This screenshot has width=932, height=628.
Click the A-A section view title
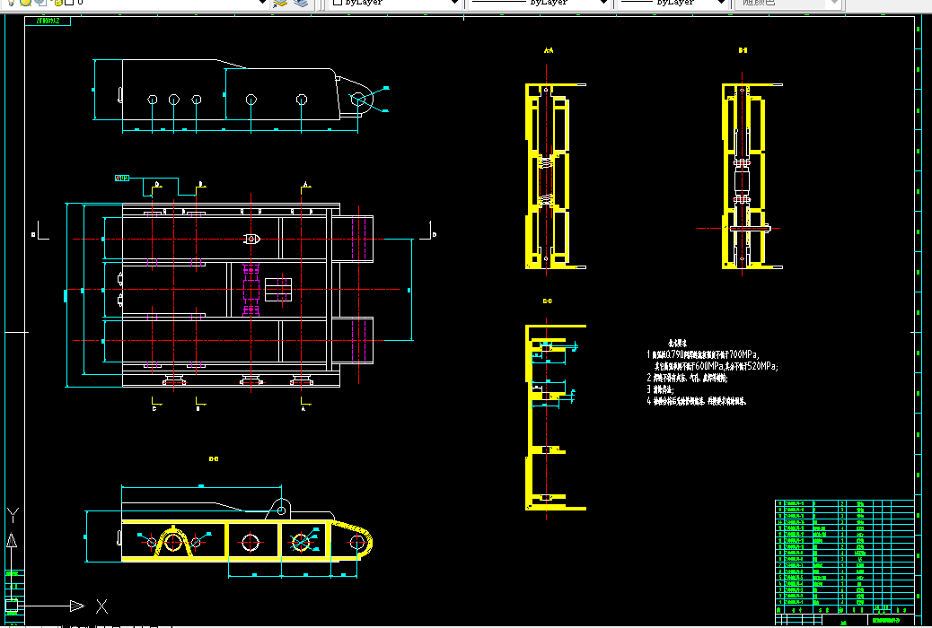click(x=549, y=51)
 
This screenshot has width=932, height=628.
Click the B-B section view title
click(x=743, y=51)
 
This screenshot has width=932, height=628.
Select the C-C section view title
click(x=548, y=301)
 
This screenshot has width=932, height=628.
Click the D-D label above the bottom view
click(x=214, y=459)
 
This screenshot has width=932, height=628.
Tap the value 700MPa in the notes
click(x=742, y=354)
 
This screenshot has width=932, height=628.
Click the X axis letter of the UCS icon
click(x=101, y=606)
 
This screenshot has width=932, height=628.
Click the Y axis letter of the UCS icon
click(x=13, y=515)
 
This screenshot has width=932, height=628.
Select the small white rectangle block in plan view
click(x=277, y=290)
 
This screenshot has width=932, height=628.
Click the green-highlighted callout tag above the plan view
click(x=122, y=178)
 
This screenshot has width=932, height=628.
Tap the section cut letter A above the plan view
click(x=305, y=183)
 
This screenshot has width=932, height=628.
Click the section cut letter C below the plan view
click(x=154, y=408)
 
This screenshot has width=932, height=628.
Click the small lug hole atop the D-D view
click(x=282, y=510)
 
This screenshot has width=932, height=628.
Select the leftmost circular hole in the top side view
click(x=153, y=99)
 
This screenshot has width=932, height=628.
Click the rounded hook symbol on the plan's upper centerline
click(x=252, y=240)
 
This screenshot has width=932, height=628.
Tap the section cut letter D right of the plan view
click(x=434, y=235)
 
